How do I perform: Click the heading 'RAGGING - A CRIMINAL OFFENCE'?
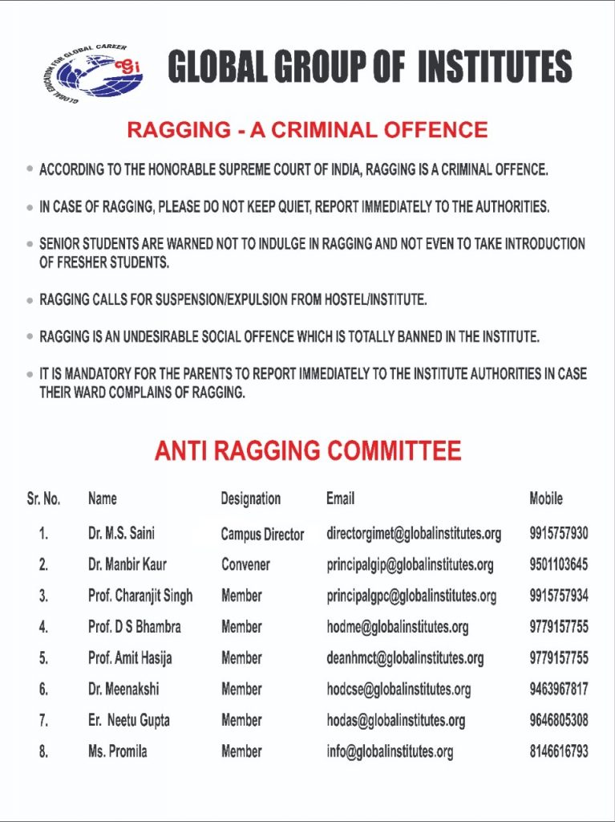pos(307,129)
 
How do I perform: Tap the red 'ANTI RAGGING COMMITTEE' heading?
pos(308,450)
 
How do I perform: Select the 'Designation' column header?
pos(250,498)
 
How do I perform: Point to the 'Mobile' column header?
pos(546,498)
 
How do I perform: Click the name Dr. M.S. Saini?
pos(121,533)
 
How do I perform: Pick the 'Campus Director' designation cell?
pos(262,534)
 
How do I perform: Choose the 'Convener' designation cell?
pos(245,564)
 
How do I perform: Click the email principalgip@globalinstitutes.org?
pos(410,564)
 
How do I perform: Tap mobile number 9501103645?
pos(558,564)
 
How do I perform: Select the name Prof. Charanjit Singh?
pos(140,596)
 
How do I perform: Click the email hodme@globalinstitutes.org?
pos(397,627)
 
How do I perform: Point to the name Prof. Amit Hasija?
pos(130,658)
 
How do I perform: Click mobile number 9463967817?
pos(558,689)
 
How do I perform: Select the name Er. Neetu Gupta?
pos(128,720)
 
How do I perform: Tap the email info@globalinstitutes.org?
pos(390,751)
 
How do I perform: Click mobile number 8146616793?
pos(558,751)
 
